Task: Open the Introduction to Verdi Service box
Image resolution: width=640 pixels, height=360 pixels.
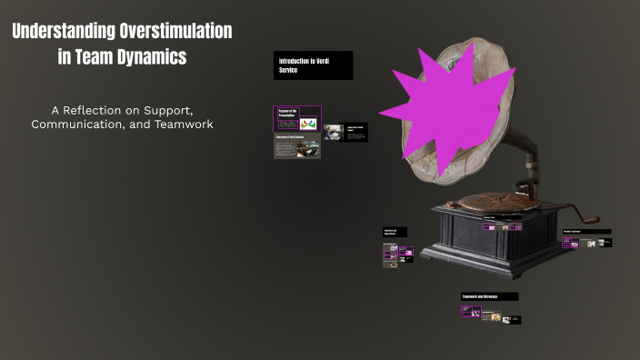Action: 313,65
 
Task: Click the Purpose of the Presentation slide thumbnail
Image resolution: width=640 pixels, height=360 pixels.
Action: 296,118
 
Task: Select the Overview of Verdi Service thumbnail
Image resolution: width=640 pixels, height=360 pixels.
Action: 296,147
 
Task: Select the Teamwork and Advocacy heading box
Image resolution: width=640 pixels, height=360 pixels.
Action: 490,296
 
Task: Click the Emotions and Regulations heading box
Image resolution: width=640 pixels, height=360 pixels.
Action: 395,232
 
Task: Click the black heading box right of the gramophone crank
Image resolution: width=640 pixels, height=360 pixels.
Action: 586,232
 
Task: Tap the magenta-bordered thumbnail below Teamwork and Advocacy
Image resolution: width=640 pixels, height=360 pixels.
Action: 471,311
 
